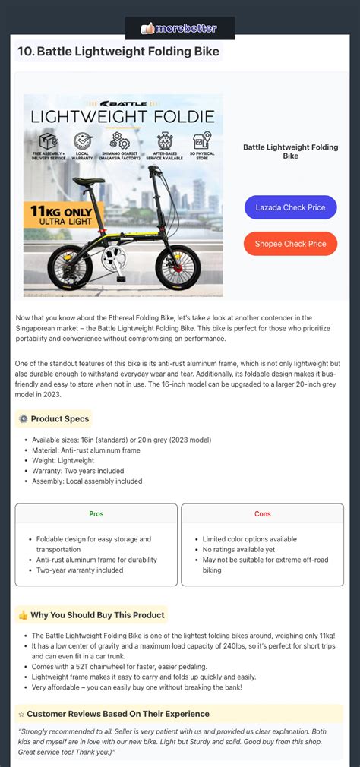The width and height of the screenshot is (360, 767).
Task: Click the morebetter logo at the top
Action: tap(179, 28)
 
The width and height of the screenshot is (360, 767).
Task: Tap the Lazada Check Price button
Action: tap(290, 207)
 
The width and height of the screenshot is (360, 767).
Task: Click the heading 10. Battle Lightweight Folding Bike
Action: tap(118, 52)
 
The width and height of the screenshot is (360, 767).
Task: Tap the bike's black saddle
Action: tap(87, 182)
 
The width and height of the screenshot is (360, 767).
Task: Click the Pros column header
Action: tap(96, 514)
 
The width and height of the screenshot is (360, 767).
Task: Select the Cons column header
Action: tap(262, 514)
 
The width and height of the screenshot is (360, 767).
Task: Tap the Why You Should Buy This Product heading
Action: tap(90, 614)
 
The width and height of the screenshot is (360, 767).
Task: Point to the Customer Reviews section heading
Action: tap(114, 714)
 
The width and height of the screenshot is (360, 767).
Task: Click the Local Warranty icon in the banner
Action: tap(82, 142)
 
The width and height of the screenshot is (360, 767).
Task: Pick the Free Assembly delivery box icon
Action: tap(49, 141)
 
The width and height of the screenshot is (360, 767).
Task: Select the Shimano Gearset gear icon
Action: tap(119, 141)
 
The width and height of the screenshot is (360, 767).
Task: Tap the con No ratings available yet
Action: tap(238, 549)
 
